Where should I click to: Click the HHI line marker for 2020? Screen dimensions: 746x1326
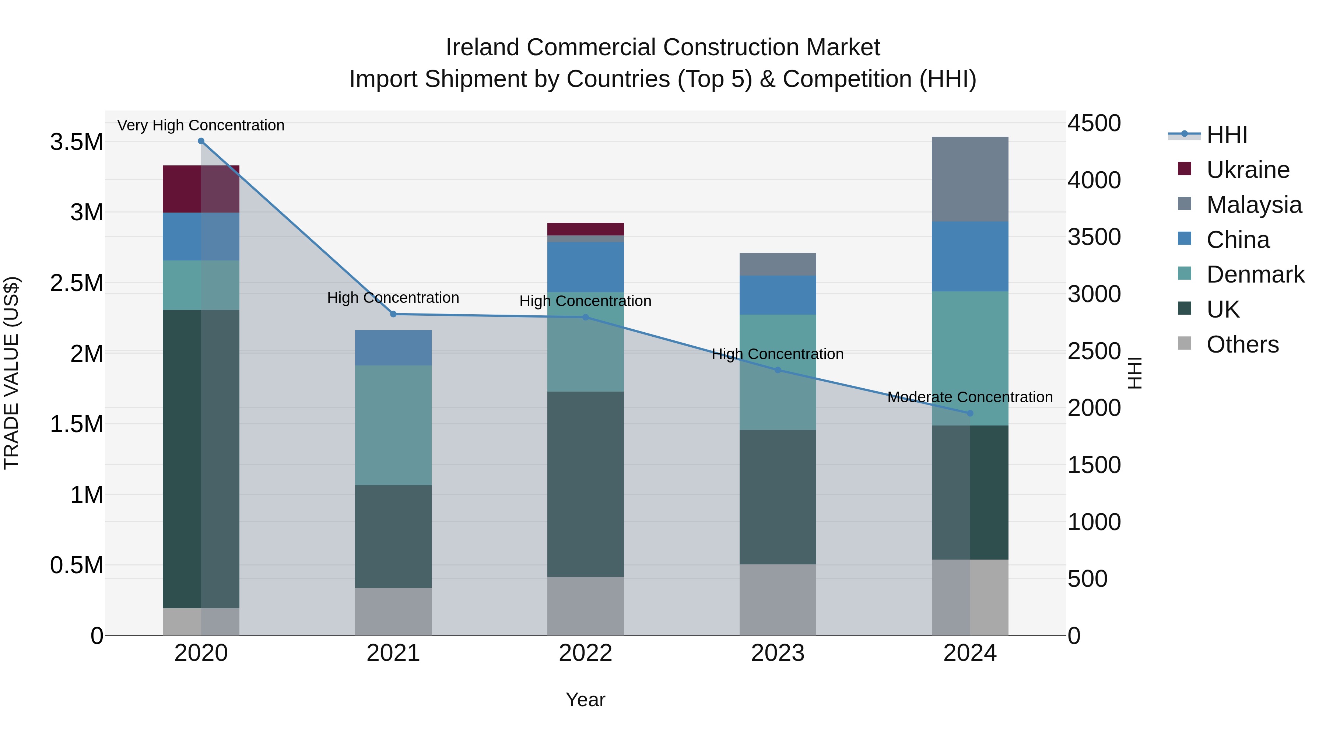pyautogui.click(x=201, y=141)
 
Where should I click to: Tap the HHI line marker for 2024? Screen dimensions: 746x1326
pyautogui.click(x=970, y=413)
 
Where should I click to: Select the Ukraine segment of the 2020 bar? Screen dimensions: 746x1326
pyautogui.click(x=201, y=189)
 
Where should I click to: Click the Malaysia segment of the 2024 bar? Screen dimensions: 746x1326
pyautogui.click(x=970, y=179)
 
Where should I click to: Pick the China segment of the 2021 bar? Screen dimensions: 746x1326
pyautogui.click(x=393, y=348)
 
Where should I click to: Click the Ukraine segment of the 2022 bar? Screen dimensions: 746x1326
pyautogui.click(x=585, y=229)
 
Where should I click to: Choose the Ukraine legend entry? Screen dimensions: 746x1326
pyautogui.click(x=1248, y=170)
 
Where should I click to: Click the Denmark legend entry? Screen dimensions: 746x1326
pyautogui.click(x=1255, y=274)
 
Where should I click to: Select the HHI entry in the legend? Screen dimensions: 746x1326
pyautogui.click(x=1227, y=135)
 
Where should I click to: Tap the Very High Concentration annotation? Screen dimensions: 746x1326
pyautogui.click(x=201, y=125)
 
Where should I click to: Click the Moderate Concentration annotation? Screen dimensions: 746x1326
pyautogui.click(x=970, y=397)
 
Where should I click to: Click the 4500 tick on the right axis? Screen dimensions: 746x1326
pyautogui.click(x=1094, y=123)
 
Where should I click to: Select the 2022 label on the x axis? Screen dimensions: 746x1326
pyautogui.click(x=585, y=653)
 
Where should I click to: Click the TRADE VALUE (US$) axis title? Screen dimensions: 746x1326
pyautogui.click(x=11, y=373)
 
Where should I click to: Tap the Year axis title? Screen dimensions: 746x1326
pyautogui.click(x=585, y=700)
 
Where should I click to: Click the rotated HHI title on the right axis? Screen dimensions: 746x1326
pyautogui.click(x=1134, y=373)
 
